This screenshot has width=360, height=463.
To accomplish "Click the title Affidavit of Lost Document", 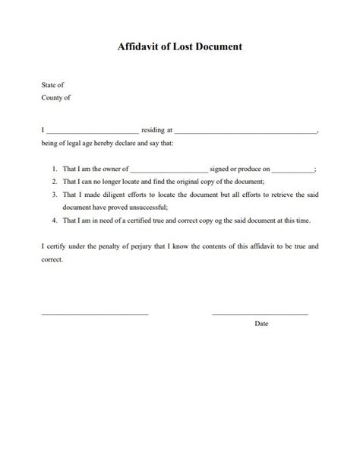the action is pyautogui.click(x=180, y=46).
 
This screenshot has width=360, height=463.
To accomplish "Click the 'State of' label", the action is pyautogui.click(x=53, y=85).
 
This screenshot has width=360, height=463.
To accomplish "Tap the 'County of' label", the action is pyautogui.click(x=56, y=98).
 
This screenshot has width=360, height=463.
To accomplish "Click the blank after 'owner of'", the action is pyautogui.click(x=169, y=171).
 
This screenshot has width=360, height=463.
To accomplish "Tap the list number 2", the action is pyautogui.click(x=55, y=182).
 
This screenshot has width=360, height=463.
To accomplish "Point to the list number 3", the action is pyautogui.click(x=55, y=195).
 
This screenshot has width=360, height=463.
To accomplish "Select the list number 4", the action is pyautogui.click(x=55, y=220).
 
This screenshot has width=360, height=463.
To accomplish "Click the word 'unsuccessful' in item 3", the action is pyautogui.click(x=149, y=208).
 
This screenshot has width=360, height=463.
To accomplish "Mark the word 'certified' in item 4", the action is pyautogui.click(x=141, y=220).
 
